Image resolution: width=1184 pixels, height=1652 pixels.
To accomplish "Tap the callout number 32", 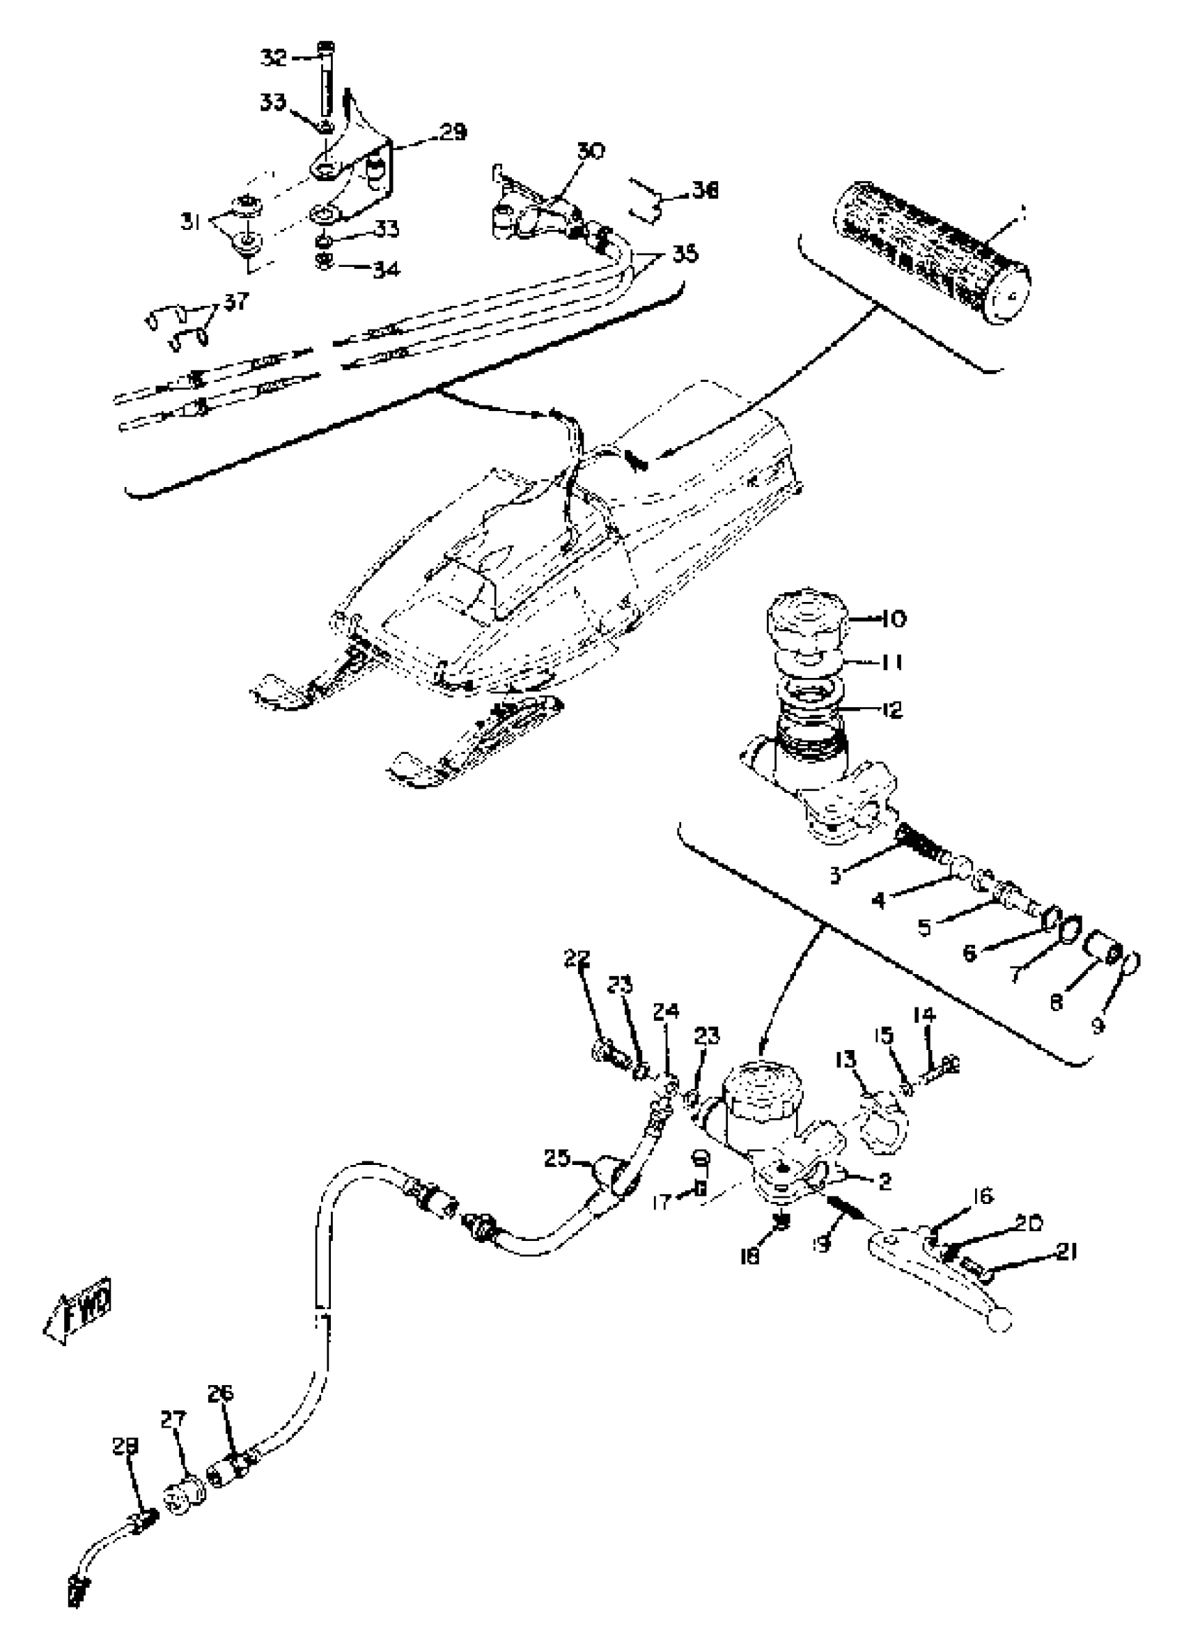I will [274, 57].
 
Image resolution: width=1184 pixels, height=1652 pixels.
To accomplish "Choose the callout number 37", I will [237, 300].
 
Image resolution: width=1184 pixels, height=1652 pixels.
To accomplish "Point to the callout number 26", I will [221, 1393].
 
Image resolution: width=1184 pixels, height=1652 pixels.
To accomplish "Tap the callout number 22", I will [577, 959].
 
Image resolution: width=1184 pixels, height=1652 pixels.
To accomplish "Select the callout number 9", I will [1098, 1025].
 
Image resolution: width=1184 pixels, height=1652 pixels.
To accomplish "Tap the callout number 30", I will [591, 151].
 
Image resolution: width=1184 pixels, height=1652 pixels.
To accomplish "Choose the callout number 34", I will [386, 270].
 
